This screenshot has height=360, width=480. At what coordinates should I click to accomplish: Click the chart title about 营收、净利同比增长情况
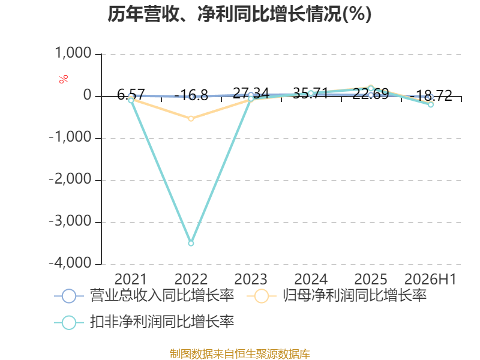coord(239,14)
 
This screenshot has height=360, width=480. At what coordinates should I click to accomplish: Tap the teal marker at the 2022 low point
coord(191,244)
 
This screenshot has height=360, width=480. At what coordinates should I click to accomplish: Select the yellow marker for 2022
coord(191,118)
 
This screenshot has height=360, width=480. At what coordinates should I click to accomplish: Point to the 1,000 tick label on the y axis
coord(73,53)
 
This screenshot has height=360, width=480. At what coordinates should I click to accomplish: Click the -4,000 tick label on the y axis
coord(70,263)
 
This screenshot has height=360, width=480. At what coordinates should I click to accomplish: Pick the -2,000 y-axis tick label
coord(70,179)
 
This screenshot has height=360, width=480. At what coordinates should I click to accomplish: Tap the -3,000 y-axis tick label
coord(70,221)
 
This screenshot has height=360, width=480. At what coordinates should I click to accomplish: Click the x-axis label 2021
coord(131,279)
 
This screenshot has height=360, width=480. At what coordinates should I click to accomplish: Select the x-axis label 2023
coord(251,279)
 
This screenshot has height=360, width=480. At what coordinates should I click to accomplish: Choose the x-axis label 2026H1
coord(430,279)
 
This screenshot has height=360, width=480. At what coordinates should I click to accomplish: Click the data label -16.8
coord(191,95)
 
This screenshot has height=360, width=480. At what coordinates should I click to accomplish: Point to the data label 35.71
coord(311,94)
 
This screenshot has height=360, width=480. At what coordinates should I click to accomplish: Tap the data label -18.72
coord(431,95)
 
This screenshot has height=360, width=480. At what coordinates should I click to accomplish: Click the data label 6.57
coord(131,94)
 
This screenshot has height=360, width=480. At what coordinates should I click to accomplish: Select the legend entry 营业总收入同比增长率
coord(144,296)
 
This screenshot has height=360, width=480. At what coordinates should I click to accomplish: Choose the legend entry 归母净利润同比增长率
coord(337,296)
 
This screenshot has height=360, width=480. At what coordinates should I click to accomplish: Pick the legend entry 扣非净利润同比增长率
coord(144,322)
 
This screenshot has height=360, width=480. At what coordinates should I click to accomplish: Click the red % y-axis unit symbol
coord(64,79)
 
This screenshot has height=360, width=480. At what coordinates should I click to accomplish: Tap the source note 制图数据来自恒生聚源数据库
coord(239,354)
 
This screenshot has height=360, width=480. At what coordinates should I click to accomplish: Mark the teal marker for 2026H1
coord(431,104)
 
